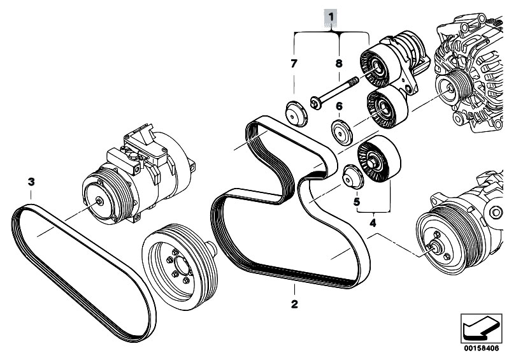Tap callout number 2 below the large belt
294,304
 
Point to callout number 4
373,223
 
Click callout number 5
356,203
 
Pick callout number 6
339,106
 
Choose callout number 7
294,63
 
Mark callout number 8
339,63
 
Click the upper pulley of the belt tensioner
379,66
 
